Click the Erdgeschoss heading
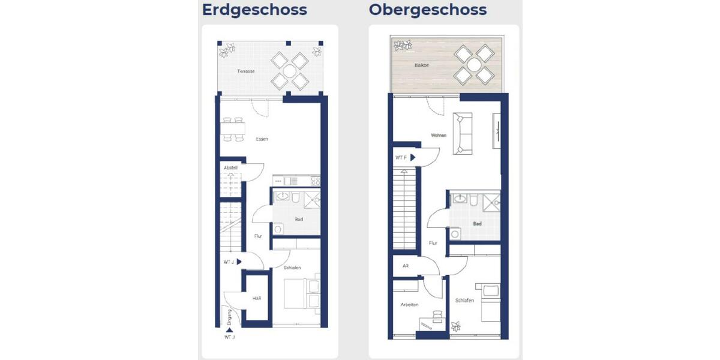(254, 10)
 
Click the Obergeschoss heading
(428, 10)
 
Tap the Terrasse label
(245, 71)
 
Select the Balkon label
(421, 64)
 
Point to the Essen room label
(262, 139)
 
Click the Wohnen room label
(439, 136)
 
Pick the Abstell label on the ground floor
(230, 168)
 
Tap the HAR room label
(256, 298)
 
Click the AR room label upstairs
(405, 265)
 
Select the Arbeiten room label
(410, 305)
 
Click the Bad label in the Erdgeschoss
(298, 219)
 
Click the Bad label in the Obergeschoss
(477, 223)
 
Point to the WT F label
(401, 157)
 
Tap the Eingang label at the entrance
(229, 317)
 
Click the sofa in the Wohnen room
(462, 133)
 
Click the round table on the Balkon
(473, 64)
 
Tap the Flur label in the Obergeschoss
(433, 243)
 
